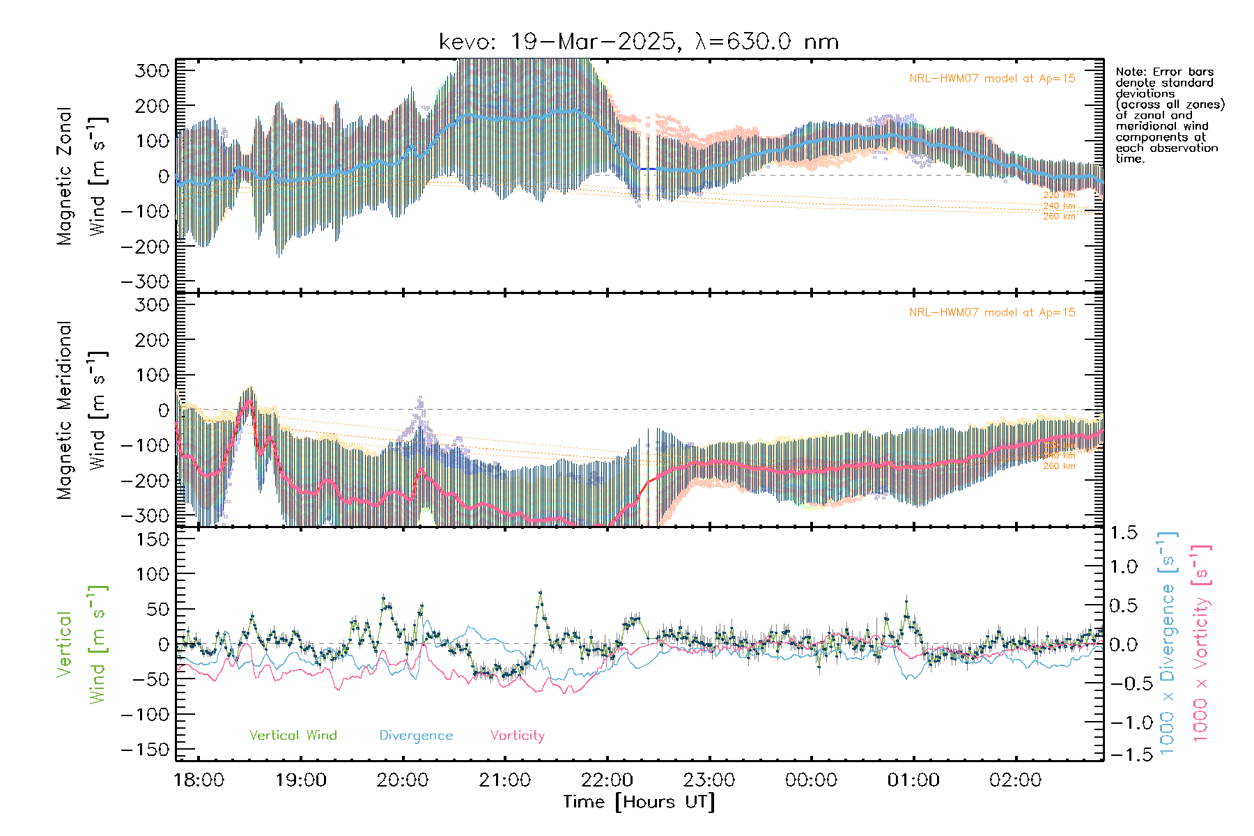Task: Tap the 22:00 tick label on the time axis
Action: (607, 780)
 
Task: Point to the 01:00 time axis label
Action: (913, 780)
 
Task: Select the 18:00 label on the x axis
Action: (199, 780)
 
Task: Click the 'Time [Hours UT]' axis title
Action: (639, 802)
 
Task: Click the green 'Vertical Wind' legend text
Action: (293, 736)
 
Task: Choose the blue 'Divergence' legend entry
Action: (416, 736)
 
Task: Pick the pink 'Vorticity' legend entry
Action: (517, 736)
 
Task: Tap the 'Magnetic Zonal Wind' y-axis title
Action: (81, 176)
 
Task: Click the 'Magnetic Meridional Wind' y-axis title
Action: (81, 410)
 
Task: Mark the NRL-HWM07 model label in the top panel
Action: (992, 79)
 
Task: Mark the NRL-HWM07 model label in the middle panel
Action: (992, 313)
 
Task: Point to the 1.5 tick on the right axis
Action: (1124, 533)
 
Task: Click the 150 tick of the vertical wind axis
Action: (153, 539)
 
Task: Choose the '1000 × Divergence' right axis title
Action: (1167, 643)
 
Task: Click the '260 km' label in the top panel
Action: (1059, 217)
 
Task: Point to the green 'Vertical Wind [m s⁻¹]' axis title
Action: (81, 644)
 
